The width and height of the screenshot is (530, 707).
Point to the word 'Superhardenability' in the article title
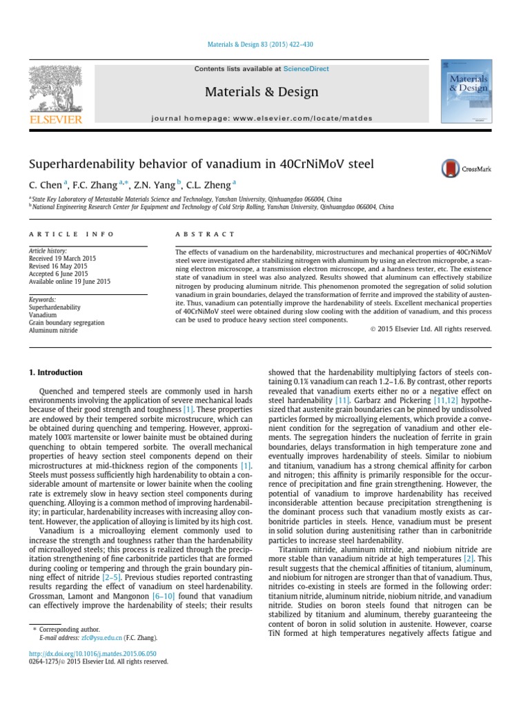tap(86, 165)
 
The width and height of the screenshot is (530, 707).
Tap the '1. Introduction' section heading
tap(55, 372)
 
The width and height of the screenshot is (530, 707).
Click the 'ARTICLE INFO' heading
tap(62, 235)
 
